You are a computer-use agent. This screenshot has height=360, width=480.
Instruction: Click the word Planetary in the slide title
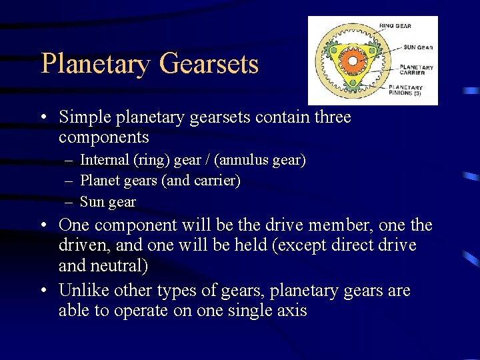pyautogui.click(x=96, y=65)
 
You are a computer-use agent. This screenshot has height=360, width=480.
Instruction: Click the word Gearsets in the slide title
pyautogui.click(x=209, y=65)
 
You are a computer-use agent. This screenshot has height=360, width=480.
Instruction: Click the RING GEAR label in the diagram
pyautogui.click(x=395, y=26)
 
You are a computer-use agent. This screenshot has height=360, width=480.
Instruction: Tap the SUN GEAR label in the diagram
pyautogui.click(x=417, y=47)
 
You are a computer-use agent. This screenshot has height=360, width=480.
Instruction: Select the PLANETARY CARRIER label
pyautogui.click(x=416, y=70)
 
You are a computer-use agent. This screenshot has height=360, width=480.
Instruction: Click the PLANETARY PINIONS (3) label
pyautogui.click(x=406, y=90)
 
